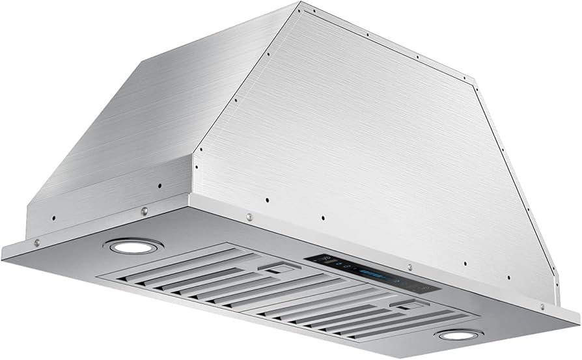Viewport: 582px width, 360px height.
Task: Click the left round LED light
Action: click(133, 246)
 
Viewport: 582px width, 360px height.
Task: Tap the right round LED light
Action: click(459, 335)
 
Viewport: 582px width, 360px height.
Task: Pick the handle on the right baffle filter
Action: click(404, 305)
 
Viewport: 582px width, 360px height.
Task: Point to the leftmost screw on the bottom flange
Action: click(37, 242)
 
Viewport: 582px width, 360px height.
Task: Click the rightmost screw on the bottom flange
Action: click(542, 306)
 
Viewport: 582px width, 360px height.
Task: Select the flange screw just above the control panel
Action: click(409, 267)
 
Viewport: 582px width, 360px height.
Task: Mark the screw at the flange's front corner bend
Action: click(249, 217)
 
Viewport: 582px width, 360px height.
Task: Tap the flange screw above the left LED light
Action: click(144, 211)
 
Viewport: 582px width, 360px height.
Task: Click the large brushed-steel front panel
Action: click(371, 143)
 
